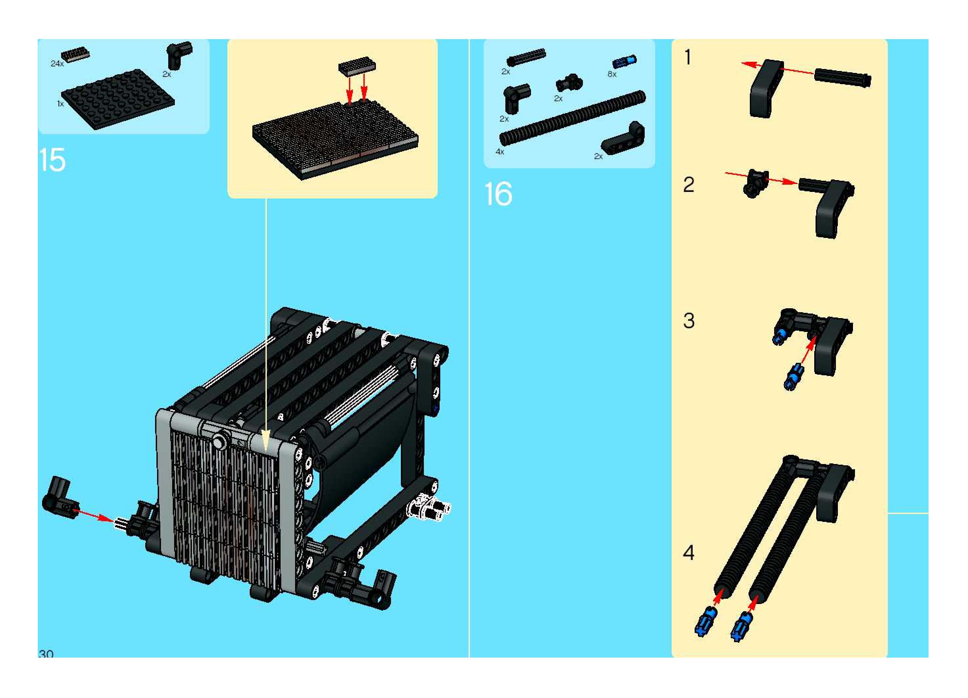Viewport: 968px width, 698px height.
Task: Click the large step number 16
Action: [498, 194]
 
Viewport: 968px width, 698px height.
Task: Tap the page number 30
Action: [46, 653]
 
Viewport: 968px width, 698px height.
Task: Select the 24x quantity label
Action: [57, 64]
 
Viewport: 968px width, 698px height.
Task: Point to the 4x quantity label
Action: [500, 151]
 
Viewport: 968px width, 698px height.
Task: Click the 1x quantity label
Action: [60, 104]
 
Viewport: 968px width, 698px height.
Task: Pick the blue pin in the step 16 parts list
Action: [624, 62]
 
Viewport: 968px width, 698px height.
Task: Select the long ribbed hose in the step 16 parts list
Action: [572, 118]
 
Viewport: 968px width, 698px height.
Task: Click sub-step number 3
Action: [689, 321]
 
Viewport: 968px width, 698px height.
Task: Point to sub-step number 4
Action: [689, 553]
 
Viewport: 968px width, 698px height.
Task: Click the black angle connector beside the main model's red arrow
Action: [60, 499]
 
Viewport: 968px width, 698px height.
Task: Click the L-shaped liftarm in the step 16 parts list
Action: [624, 139]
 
